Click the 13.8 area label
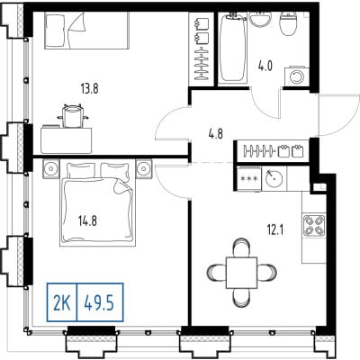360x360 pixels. tap(89, 89)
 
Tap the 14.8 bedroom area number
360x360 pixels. tap(87, 221)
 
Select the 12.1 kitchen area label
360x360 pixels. tap(275, 230)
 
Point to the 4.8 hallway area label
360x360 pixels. tap(216, 134)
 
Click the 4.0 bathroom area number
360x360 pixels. tap(265, 66)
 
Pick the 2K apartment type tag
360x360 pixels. tap(62, 302)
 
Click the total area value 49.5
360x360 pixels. tap(99, 302)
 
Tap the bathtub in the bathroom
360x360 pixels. tap(233, 48)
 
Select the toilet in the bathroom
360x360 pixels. tap(289, 22)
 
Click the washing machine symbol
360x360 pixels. tap(297, 76)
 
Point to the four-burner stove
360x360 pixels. tap(314, 225)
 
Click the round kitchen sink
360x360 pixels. tap(274, 179)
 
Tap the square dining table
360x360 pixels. tap(241, 272)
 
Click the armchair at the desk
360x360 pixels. tap(72, 115)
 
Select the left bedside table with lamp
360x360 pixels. tap(51, 169)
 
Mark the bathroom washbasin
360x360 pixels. tap(260, 19)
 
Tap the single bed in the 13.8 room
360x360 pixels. tap(87, 31)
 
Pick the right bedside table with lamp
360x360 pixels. tap(144, 169)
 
